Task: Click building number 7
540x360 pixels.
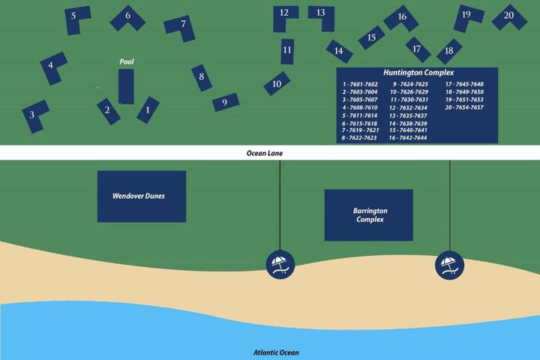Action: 181,28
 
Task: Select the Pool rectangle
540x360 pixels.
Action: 126,86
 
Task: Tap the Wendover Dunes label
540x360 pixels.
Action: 139,196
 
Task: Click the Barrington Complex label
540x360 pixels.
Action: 370,215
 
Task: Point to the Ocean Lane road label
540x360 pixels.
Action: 265,153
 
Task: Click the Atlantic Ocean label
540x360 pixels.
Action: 276,352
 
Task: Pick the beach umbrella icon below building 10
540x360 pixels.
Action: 280,265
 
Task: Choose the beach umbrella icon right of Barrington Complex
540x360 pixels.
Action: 449,265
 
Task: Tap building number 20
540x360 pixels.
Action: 509,17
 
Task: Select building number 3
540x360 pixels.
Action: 34,115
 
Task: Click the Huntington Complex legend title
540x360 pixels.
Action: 418,73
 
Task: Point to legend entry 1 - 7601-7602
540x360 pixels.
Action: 360,85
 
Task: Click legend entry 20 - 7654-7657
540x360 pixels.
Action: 464,107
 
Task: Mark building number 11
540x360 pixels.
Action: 287,51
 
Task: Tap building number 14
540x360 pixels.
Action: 339,51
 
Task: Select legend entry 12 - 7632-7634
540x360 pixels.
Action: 408,108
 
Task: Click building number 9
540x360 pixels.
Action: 226,102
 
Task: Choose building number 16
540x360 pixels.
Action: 401,18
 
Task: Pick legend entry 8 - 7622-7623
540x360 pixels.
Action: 358,138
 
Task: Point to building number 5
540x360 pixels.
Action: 76,19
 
